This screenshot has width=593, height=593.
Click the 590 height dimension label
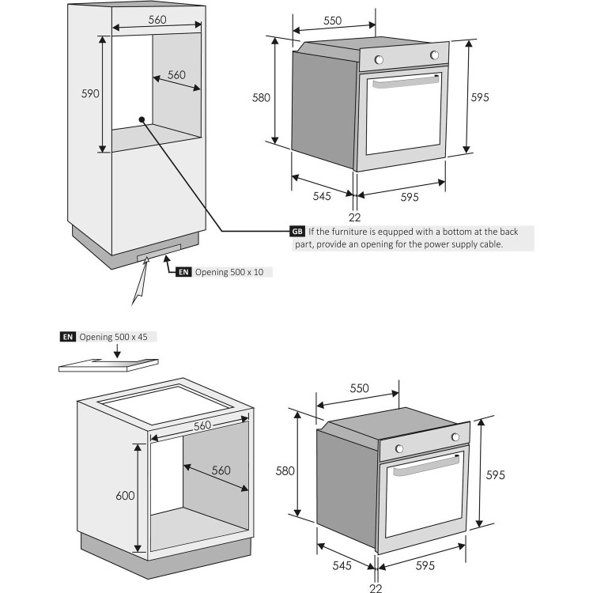pyautogui.click(x=90, y=93)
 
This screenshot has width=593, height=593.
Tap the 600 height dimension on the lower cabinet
pyautogui.click(x=125, y=496)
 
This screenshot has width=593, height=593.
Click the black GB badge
pyautogui.click(x=297, y=232)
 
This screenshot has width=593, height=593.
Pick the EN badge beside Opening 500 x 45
pyautogui.click(x=68, y=337)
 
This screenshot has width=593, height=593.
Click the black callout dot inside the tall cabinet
pyautogui.click(x=142, y=119)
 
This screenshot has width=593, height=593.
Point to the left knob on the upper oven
pyautogui.click(x=379, y=60)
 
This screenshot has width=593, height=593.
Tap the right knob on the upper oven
pyautogui.click(x=434, y=55)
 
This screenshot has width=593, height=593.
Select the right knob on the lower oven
pyautogui.click(x=455, y=437)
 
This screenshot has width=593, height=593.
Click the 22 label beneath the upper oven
pyautogui.click(x=354, y=217)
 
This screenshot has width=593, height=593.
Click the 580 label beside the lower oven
pyautogui.click(x=285, y=470)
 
